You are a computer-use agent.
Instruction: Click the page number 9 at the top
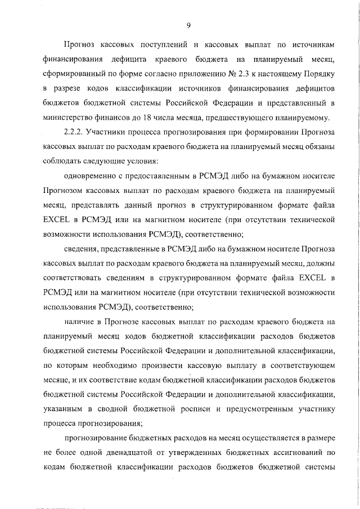click(188, 24)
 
